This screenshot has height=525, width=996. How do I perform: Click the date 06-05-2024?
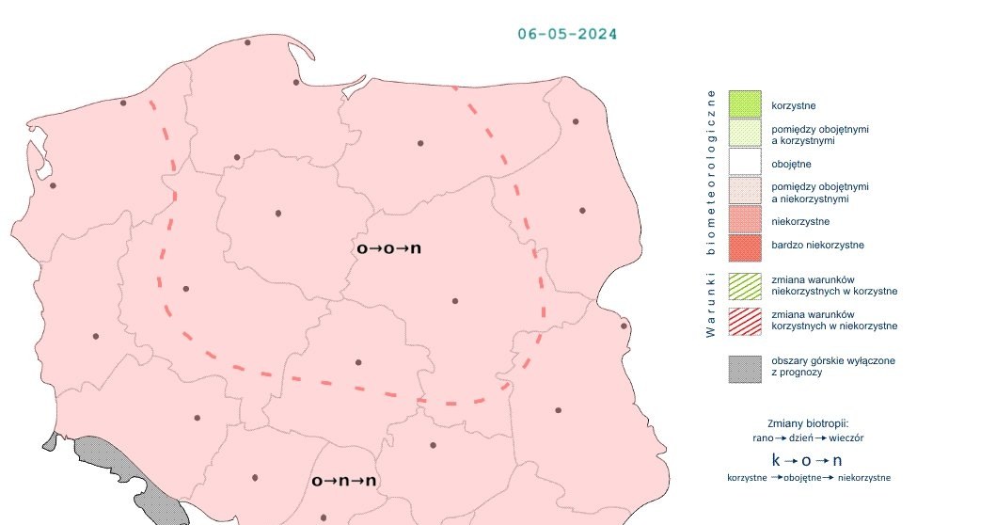pos(567,34)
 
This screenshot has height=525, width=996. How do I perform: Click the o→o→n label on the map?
pos(388,249)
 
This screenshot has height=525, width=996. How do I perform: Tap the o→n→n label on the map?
pos(344,481)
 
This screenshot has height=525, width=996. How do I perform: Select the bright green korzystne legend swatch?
pos(744,104)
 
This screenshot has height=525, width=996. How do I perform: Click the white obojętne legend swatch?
pos(744,163)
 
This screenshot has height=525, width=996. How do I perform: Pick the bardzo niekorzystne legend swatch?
pos(744,247)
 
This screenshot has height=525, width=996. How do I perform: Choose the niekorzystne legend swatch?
pos(744,220)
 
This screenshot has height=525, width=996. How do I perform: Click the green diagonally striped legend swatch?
pos(744,285)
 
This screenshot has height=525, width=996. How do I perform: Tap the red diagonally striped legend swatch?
pos(744,320)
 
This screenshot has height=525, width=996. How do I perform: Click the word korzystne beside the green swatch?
pos(794,107)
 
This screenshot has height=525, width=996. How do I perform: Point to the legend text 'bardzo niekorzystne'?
pos(817,246)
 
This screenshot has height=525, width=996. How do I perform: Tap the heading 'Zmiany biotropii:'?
pos(808,422)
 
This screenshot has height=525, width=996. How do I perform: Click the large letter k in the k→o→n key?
pos(776,460)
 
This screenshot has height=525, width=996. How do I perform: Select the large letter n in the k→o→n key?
pos(837,460)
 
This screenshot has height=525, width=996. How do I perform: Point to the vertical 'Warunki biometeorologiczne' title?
pos(711,213)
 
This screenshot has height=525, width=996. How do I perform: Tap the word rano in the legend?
pos(763,437)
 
